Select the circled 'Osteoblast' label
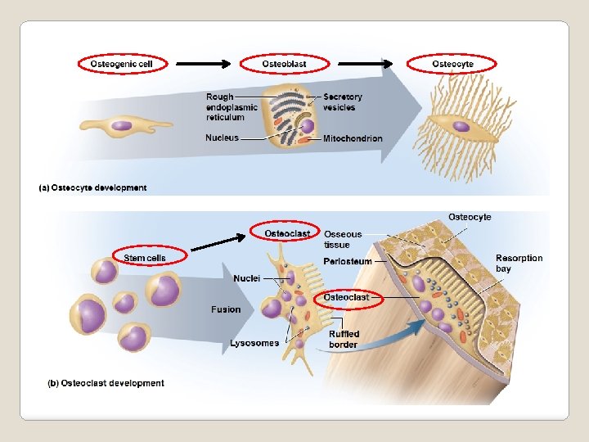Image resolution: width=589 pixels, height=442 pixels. coord(285,64)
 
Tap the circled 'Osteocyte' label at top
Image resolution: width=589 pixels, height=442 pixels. coord(452,64)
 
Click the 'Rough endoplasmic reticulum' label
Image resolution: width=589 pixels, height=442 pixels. coord(232,107)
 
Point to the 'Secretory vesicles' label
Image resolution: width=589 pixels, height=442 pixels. coord(343,102)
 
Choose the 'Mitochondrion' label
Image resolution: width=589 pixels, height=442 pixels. coord(353,138)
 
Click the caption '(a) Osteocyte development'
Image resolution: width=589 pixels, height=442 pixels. coord(93,187)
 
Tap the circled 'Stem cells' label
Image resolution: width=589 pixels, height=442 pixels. coord(145,258)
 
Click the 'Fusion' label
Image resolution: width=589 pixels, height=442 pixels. coord(226,309)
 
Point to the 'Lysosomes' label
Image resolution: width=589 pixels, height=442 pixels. coord(254,343)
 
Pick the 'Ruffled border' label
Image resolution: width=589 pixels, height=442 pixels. coord(344,339)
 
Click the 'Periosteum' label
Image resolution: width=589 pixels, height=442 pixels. coord(348,261)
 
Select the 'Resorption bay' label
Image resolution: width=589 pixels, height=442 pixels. coord(519,263)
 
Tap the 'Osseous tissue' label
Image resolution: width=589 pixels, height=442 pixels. coord(343,239)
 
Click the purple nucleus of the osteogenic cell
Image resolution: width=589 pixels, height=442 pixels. coord(122,126)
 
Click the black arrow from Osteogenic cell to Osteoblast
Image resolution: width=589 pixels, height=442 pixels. coord(205,64)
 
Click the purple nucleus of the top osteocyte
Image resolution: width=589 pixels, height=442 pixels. coord(461,126)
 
